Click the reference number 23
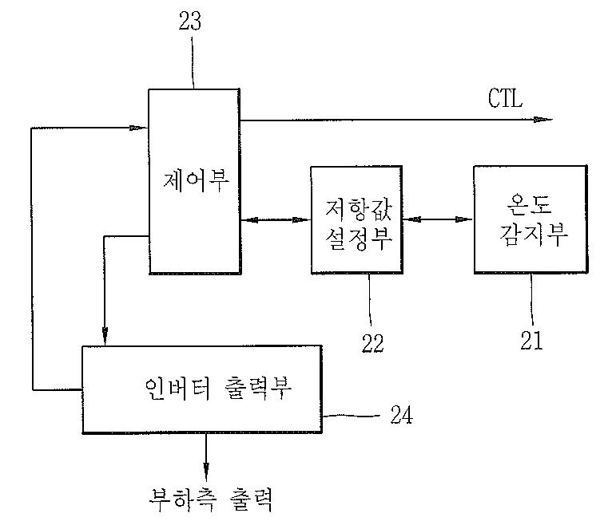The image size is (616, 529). coord(190,22)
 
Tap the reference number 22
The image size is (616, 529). coord(372,342)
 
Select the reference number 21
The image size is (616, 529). coord(531,341)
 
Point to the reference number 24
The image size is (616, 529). coord(403,415)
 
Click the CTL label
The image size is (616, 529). coord(505,100)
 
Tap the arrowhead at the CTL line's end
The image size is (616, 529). coord(543,120)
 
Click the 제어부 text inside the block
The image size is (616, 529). coord(195,183)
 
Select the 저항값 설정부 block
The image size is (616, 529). coord(356,219)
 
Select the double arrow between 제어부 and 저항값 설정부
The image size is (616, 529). coord(275,218)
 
